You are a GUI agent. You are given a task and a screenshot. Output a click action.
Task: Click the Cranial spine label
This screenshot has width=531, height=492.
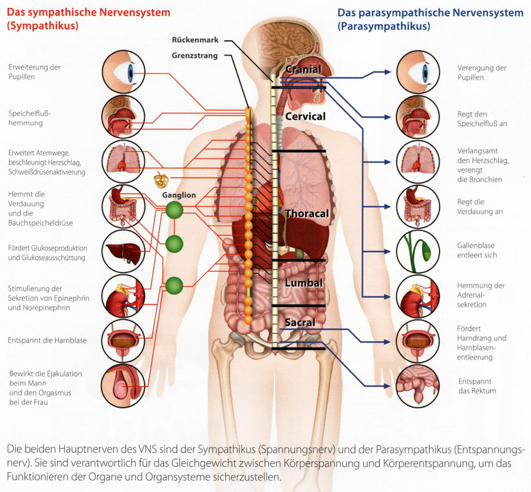(x=303, y=69)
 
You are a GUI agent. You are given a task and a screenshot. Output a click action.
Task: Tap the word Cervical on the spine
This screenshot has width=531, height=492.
(x=305, y=117)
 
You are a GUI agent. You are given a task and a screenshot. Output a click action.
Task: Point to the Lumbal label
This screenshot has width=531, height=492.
(x=304, y=283)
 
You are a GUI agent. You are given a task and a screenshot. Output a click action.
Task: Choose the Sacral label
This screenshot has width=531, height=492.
(x=299, y=322)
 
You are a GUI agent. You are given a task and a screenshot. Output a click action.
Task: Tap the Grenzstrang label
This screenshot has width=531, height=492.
(x=194, y=56)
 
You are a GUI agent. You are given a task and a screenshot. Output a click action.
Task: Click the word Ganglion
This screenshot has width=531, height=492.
(x=179, y=194)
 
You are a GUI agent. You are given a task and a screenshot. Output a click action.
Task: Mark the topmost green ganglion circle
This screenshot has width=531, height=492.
(x=174, y=209)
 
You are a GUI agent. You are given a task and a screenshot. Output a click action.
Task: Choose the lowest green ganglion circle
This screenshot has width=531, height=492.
(x=174, y=285)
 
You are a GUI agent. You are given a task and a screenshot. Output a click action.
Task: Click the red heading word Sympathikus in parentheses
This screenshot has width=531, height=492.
(x=42, y=27)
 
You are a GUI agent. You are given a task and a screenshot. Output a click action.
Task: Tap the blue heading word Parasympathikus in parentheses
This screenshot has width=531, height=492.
(x=383, y=27)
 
